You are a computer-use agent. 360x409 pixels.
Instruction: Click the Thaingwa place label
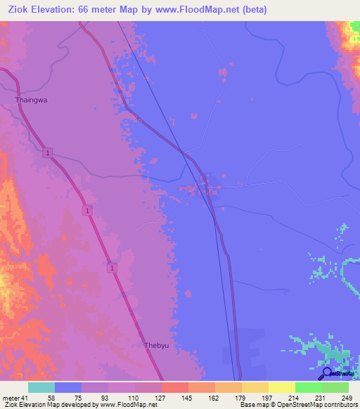(31, 100)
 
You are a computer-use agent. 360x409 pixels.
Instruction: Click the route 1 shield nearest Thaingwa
(46, 152)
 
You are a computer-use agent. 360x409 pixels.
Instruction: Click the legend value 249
(345, 397)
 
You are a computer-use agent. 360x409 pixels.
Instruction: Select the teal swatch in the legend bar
(41, 387)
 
